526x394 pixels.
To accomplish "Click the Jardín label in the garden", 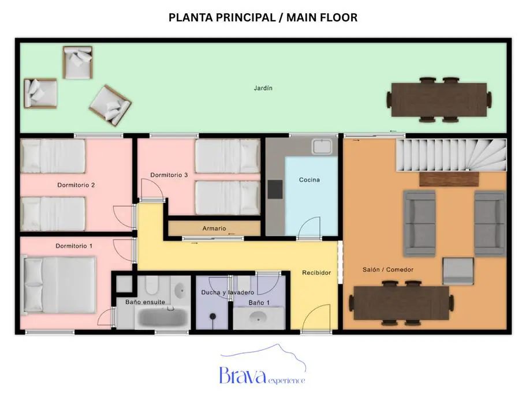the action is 263,88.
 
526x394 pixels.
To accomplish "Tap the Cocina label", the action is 309,180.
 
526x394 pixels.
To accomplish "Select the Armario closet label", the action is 214,228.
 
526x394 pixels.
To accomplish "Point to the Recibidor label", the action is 316,273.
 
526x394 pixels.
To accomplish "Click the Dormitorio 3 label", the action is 169,175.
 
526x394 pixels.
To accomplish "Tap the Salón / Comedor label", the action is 388,270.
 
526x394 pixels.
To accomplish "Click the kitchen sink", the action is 322,147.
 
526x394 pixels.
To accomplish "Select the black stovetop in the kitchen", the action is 275,189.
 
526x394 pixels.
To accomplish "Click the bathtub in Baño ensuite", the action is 163,317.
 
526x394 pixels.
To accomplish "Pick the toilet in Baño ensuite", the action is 152,285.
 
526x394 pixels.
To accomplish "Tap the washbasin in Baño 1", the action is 258,317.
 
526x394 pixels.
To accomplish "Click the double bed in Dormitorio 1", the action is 59,285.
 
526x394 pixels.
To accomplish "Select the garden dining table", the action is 439,100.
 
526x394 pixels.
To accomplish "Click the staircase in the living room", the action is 451,155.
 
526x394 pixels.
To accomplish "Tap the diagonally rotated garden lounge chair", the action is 110,105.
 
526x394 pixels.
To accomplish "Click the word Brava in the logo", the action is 243,376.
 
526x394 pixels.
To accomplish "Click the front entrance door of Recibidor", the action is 316,318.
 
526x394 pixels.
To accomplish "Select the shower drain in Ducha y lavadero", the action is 212,316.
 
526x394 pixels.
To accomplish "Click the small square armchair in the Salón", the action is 458,271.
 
